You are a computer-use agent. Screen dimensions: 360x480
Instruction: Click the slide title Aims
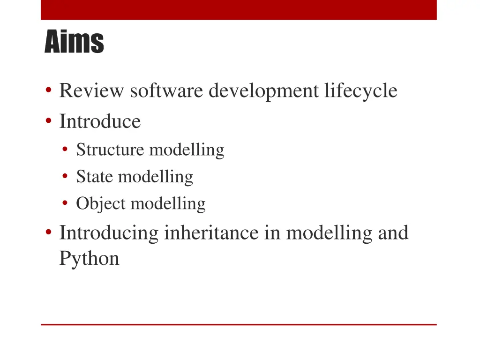tap(74, 42)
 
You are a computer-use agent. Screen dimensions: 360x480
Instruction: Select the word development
tap(263, 90)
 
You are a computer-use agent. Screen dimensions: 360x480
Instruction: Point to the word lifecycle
tap(360, 90)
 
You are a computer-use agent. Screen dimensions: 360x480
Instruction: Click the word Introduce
tap(100, 122)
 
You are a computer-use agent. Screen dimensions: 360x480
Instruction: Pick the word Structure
tap(110, 150)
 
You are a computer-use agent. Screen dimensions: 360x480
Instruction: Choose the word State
tap(95, 177)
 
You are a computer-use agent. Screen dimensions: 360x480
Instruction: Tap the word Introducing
tap(109, 233)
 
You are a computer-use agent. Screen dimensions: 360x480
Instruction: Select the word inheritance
tap(211, 233)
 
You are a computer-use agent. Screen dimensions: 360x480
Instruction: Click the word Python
tap(89, 258)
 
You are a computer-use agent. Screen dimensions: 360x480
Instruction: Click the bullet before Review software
tap(48, 91)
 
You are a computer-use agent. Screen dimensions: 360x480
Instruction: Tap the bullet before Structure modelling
tap(66, 150)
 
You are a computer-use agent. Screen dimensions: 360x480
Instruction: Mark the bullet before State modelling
tap(66, 177)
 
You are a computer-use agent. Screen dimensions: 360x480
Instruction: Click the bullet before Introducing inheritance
tap(48, 233)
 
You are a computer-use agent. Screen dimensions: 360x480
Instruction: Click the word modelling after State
tap(156, 177)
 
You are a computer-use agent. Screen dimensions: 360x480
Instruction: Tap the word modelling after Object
tap(168, 204)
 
